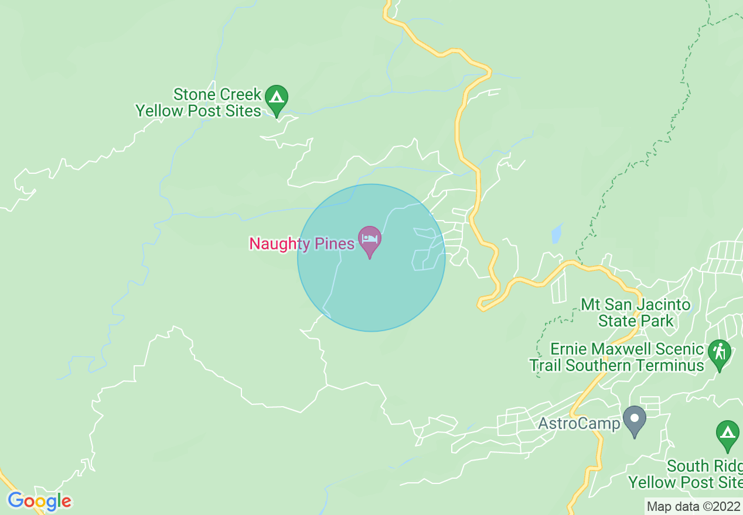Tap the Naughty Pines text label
[302, 243]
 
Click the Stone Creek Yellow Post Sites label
[199, 103]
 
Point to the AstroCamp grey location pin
[634, 420]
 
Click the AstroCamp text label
[579, 423]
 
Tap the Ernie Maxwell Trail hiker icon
[720, 353]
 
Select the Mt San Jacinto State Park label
[636, 313]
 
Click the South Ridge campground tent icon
[727, 434]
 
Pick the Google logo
[39, 501]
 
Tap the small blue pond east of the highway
[556, 234]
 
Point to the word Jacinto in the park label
[663, 305]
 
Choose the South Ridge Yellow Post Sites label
[686, 475]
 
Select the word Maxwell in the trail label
[622, 349]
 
